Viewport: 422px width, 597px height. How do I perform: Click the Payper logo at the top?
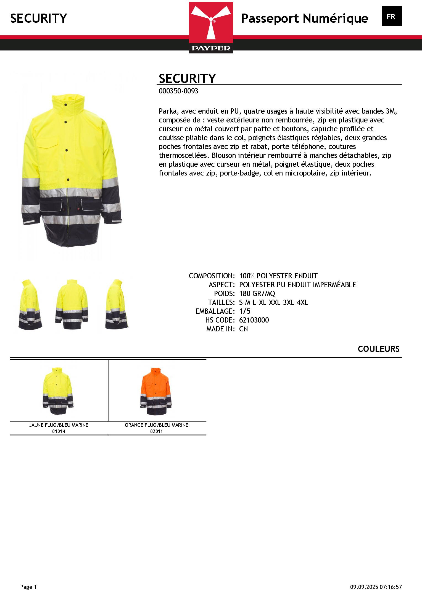pos(211,27)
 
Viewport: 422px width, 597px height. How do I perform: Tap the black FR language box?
pos(391,16)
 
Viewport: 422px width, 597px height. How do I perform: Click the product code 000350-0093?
pos(178,91)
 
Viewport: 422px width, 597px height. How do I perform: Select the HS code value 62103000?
pos(254,320)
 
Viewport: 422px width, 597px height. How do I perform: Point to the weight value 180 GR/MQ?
pos(257,294)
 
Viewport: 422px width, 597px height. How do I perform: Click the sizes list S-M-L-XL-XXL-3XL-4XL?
pos(273,302)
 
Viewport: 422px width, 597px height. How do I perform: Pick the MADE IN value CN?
pos(243,329)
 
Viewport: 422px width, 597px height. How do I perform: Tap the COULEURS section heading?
pos(378,349)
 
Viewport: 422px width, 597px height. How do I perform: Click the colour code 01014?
pos(59,431)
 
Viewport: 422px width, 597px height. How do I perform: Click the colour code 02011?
pos(157,431)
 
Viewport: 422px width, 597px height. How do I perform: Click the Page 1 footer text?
pos(28,587)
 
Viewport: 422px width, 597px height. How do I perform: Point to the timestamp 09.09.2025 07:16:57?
pos(376,587)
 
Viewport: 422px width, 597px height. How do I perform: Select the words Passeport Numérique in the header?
pos(304,19)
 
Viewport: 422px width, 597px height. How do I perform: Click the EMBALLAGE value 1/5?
pos(245,311)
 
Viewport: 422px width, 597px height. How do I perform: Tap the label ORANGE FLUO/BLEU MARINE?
pos(157,425)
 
